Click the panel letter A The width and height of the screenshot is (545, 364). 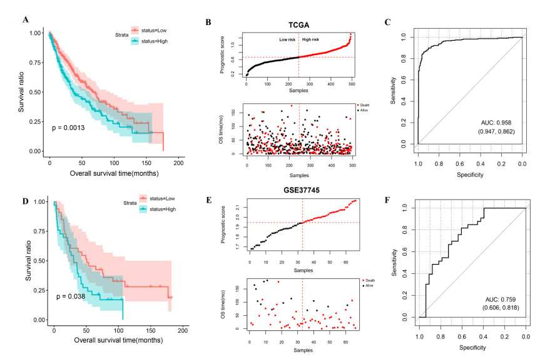tap(26, 19)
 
